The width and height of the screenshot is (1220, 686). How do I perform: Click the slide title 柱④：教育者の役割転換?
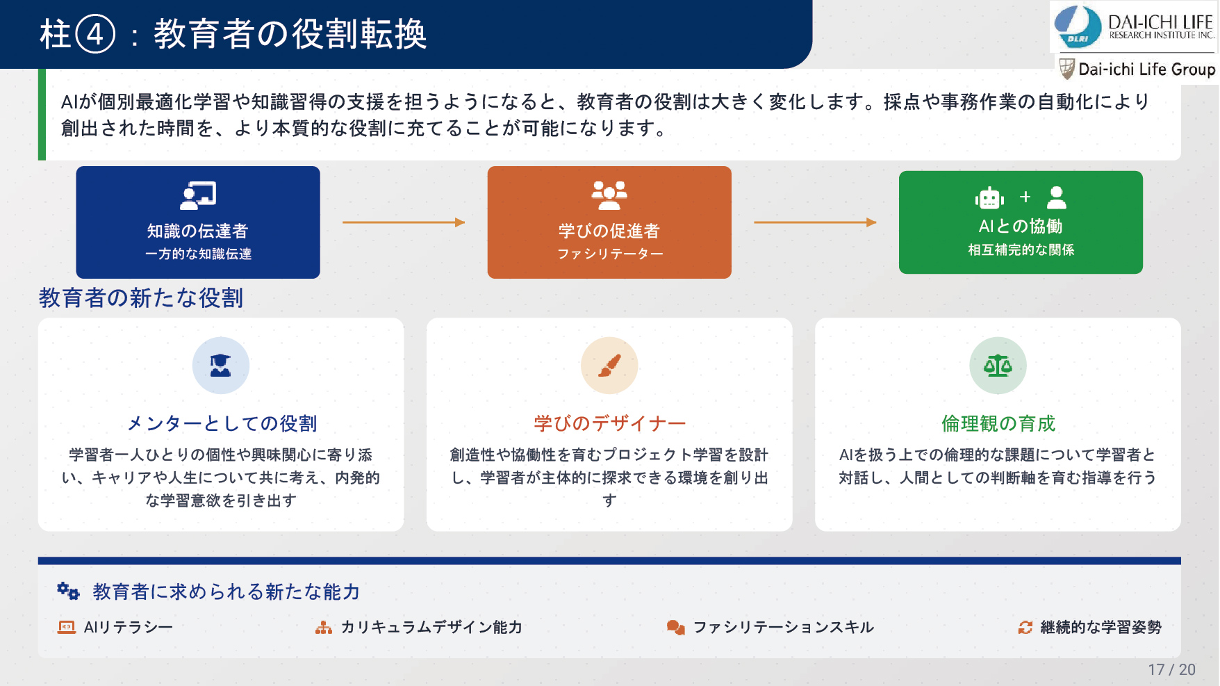(x=233, y=34)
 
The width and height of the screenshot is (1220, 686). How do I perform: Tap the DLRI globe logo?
(x=1078, y=27)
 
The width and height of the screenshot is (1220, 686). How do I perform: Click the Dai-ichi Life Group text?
(x=1146, y=70)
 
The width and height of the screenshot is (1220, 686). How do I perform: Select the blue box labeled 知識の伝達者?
(x=198, y=222)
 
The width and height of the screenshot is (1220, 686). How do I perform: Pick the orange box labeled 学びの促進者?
(x=609, y=222)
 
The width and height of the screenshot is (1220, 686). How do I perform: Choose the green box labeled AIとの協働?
(x=1021, y=222)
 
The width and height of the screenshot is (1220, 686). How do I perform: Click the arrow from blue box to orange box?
(x=404, y=222)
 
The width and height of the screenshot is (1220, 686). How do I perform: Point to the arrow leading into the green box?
(x=815, y=222)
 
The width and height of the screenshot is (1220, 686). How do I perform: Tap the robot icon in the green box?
(x=989, y=198)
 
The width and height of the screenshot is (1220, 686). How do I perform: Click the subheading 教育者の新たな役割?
(x=141, y=298)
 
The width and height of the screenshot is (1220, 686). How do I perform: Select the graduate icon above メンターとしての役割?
(x=221, y=366)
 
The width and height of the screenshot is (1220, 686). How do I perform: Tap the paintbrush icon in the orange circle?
(x=609, y=366)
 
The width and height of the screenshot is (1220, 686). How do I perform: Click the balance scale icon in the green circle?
(x=998, y=366)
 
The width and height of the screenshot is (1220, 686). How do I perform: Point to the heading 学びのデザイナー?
(x=609, y=423)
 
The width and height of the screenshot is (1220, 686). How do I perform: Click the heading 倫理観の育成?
(x=998, y=423)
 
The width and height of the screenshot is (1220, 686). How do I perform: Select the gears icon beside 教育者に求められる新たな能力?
(x=68, y=591)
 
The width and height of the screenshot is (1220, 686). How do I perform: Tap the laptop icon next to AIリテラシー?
(x=67, y=628)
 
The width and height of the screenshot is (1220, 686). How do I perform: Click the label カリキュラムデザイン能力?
(x=431, y=628)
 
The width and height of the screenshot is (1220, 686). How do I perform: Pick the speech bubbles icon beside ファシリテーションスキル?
(x=675, y=628)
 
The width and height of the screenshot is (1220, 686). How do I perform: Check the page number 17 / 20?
(x=1171, y=670)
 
